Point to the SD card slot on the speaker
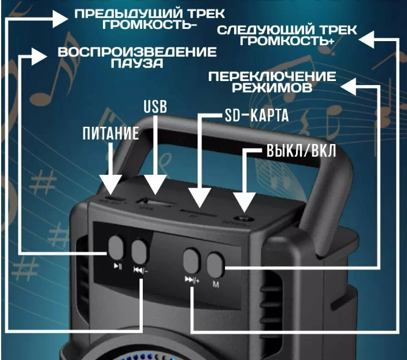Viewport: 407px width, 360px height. point(197,210)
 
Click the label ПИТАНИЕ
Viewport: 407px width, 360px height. point(110,134)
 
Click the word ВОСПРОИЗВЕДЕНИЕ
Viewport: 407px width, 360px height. point(137,53)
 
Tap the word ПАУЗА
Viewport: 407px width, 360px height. point(137,64)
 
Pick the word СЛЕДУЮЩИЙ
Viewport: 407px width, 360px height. point(261,30)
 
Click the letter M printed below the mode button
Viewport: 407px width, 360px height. point(215,284)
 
